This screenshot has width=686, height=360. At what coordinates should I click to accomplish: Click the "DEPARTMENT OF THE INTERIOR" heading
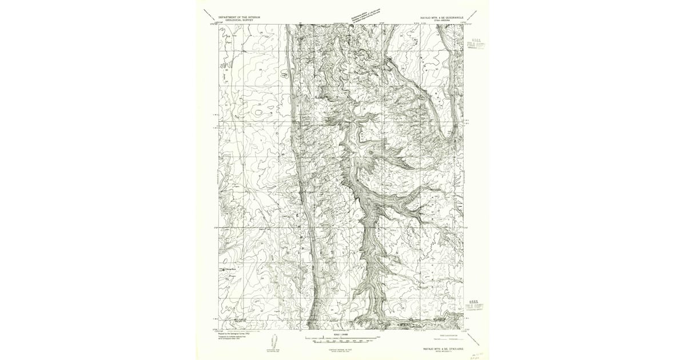[239, 17]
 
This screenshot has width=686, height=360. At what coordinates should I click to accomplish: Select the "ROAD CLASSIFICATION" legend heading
[448, 334]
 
